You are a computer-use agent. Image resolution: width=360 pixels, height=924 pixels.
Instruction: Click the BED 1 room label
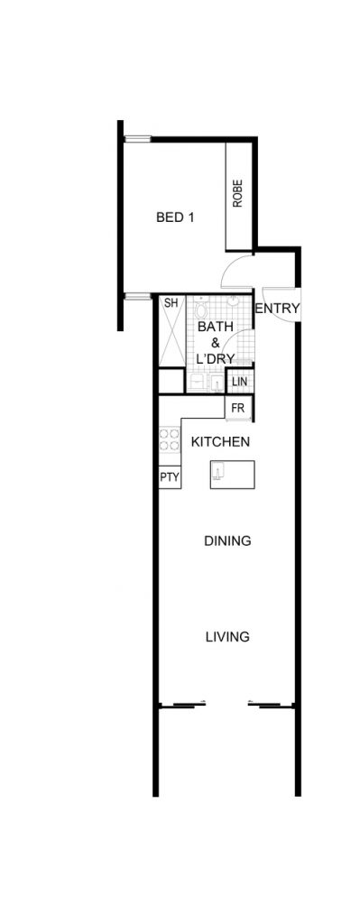(175, 217)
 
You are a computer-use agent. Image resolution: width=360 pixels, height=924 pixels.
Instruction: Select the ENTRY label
(278, 309)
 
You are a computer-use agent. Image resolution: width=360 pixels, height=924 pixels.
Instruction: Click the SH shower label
(171, 303)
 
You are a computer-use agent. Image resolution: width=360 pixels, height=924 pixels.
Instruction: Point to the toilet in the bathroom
(201, 307)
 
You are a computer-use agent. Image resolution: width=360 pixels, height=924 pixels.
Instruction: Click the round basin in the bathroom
(234, 301)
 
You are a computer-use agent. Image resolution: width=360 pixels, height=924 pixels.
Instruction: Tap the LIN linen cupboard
(240, 382)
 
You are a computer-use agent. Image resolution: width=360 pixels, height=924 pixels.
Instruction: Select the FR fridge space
(238, 408)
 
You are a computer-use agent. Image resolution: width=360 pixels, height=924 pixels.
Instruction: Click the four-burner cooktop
(170, 440)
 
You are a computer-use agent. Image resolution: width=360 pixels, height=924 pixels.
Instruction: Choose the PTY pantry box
(170, 476)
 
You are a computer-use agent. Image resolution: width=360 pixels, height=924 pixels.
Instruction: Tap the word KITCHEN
(221, 441)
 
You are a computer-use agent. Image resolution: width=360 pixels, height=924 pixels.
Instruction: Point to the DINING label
(227, 541)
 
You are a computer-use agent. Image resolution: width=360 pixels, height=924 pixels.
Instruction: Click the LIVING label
(227, 637)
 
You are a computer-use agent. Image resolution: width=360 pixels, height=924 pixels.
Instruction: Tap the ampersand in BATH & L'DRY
(216, 342)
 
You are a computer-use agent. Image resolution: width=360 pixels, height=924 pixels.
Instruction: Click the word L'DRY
(216, 358)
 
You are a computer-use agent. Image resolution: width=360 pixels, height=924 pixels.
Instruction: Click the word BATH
(216, 327)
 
